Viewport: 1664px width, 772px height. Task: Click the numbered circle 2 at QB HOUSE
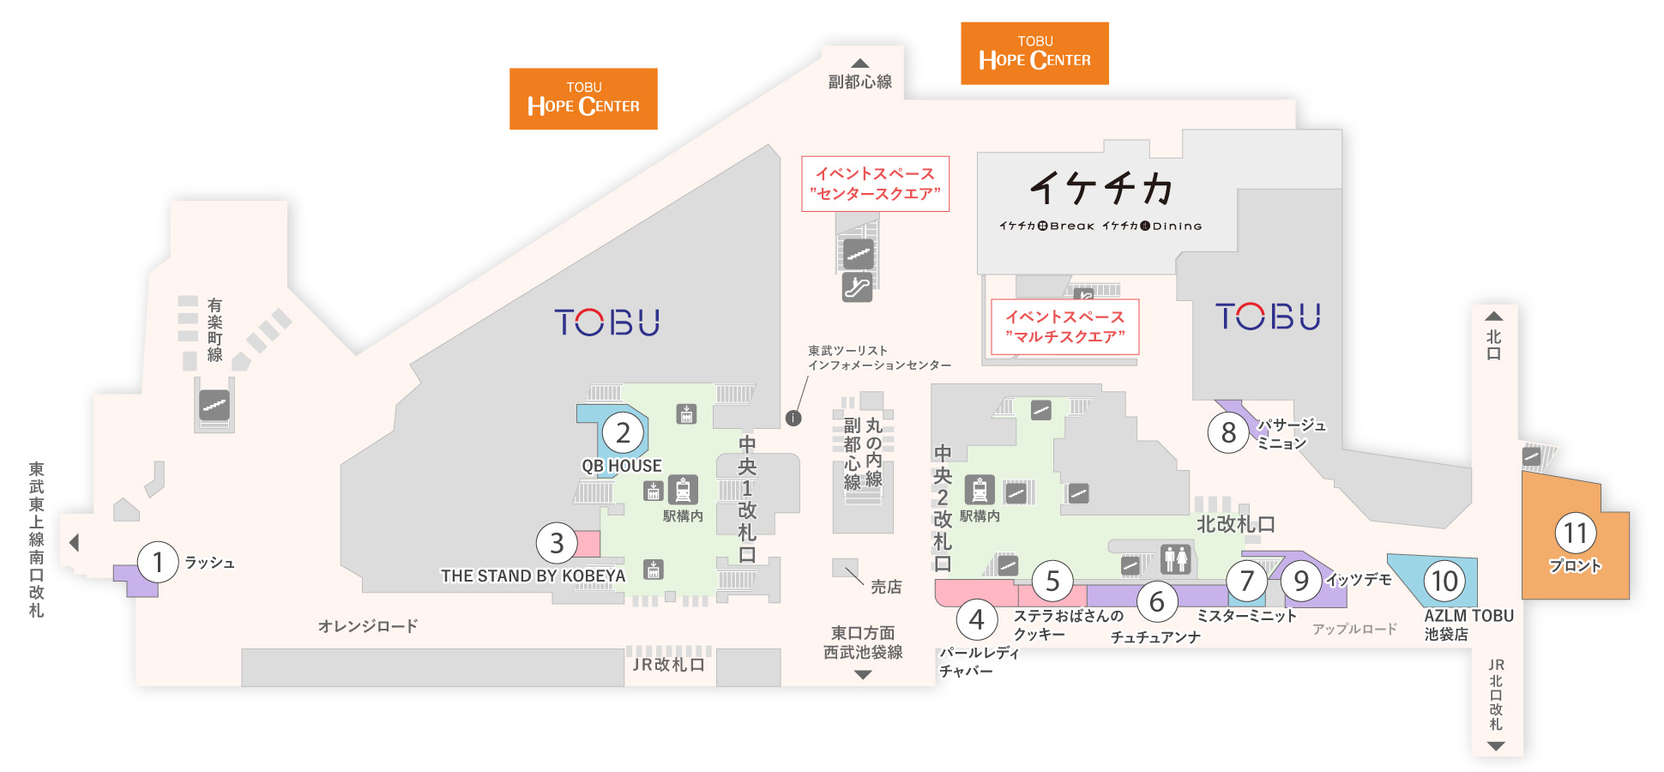[x=624, y=433]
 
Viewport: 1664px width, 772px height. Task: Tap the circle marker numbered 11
[x=1576, y=534]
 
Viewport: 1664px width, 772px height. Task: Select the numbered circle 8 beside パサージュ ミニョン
[x=1228, y=432]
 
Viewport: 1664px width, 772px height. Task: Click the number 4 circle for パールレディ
[x=976, y=619]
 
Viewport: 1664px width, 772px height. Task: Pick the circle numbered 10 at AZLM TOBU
[x=1445, y=581]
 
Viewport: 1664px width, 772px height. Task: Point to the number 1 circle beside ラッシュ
[x=158, y=562]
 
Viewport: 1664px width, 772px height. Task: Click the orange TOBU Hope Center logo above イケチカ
[x=1034, y=53]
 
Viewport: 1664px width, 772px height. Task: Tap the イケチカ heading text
[x=1101, y=188]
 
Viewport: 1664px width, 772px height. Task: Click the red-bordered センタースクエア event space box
[x=875, y=184]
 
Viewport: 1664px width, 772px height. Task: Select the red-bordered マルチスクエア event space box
[x=1064, y=326]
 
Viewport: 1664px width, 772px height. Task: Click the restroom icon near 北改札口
[x=1176, y=558]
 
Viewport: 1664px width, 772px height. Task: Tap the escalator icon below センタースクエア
[x=857, y=286]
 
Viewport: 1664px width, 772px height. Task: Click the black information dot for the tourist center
[x=793, y=418]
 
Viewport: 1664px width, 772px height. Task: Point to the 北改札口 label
[x=1236, y=523]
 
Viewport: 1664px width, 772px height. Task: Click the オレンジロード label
[x=368, y=626]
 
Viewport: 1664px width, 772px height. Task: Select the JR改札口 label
[x=668, y=665]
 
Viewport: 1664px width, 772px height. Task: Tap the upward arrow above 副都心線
[x=859, y=63]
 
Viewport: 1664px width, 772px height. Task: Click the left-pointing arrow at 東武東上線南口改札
[x=74, y=542]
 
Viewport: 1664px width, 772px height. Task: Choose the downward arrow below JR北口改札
[x=1496, y=746]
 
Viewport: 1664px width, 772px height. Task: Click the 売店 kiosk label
[x=886, y=587]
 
